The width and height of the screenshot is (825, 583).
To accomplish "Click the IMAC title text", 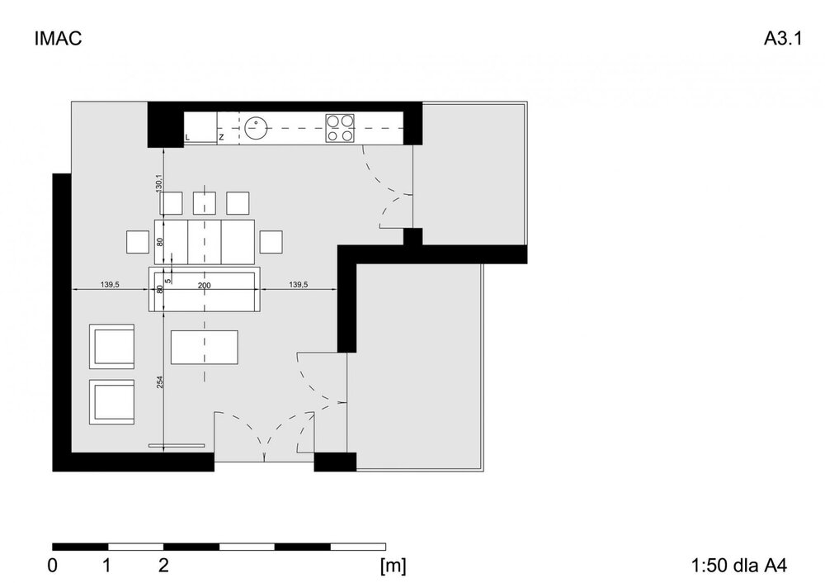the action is [58, 39].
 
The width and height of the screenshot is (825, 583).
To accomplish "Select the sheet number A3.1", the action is [783, 39].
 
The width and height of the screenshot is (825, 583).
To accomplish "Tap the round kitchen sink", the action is [257, 127].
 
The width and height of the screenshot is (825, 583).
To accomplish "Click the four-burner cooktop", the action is [339, 128].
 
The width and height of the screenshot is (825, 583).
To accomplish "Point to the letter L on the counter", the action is [187, 137].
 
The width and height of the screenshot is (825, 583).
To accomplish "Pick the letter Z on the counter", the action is [221, 137].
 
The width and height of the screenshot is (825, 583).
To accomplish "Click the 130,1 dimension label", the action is [159, 183].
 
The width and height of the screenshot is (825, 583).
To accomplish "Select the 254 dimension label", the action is [160, 382].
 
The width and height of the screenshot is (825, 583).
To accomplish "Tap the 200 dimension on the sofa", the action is [204, 286].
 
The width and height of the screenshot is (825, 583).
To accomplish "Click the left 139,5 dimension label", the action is [110, 284].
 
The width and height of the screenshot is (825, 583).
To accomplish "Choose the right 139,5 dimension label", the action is [299, 284].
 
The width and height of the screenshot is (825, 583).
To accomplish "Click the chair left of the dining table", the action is [138, 242].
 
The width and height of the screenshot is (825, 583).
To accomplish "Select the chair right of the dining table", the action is [271, 242].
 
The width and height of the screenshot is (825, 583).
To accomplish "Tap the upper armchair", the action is [111, 347].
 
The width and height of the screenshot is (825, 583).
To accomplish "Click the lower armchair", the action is [111, 402].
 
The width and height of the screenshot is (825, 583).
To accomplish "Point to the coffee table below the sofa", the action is [204, 347].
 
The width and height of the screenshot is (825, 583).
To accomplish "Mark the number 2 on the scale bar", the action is [163, 566].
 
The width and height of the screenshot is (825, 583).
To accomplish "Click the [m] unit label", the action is [393, 566].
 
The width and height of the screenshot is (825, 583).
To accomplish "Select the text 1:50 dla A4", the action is [739, 566].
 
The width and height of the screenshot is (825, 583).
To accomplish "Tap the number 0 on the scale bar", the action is [53, 566].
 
